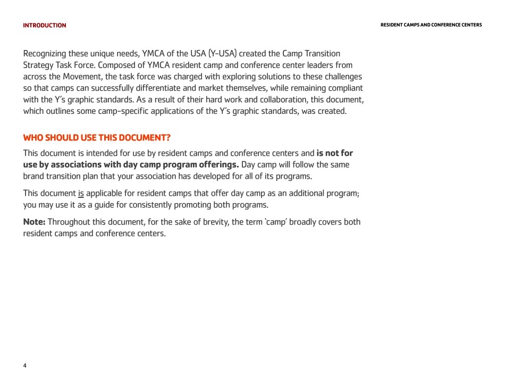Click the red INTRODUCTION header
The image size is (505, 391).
click(45, 26)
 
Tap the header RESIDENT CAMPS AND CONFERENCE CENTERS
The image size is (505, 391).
click(431, 25)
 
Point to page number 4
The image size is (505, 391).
click(25, 365)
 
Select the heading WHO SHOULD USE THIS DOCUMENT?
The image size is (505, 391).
click(97, 138)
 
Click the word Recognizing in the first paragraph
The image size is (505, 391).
click(45, 54)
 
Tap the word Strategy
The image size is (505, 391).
click(38, 65)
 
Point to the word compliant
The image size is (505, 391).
click(345, 88)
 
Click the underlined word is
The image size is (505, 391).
click(81, 194)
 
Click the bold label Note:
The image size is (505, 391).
click(34, 222)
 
